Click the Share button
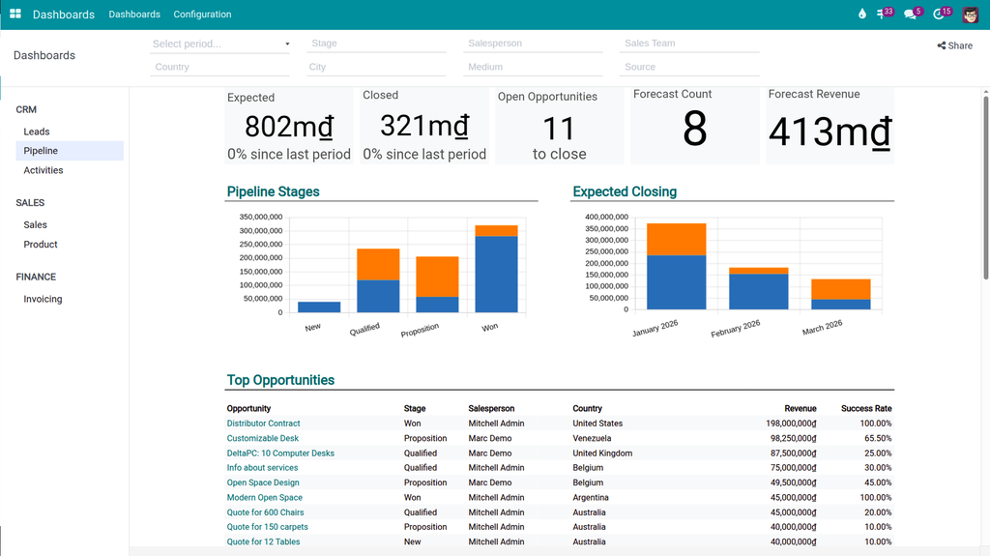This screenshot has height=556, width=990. pos(954,45)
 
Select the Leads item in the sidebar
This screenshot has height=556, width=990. pos(37,132)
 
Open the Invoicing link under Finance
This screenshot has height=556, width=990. pos(43,299)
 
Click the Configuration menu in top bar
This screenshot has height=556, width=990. pos(202,15)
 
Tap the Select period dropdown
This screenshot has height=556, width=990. pos(220,44)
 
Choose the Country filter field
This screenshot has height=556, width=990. pos(220,67)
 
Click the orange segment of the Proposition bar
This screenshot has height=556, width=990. pos(437,277)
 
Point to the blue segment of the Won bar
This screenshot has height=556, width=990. pos(496,274)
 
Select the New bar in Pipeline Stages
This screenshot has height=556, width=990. pos(319,307)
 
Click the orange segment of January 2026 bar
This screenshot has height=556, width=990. pos(676,239)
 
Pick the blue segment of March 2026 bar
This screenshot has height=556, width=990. pos(840,304)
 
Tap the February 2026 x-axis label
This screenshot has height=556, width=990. pos(736,328)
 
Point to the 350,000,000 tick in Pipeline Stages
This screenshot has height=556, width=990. pos(261,217)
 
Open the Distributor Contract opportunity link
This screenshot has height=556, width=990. pos(263,424)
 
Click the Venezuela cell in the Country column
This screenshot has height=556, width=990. pos(592,438)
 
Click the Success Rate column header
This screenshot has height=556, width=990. pos(865,408)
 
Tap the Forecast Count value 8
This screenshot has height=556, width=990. pos(694,129)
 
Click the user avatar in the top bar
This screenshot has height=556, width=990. pos(970,15)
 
